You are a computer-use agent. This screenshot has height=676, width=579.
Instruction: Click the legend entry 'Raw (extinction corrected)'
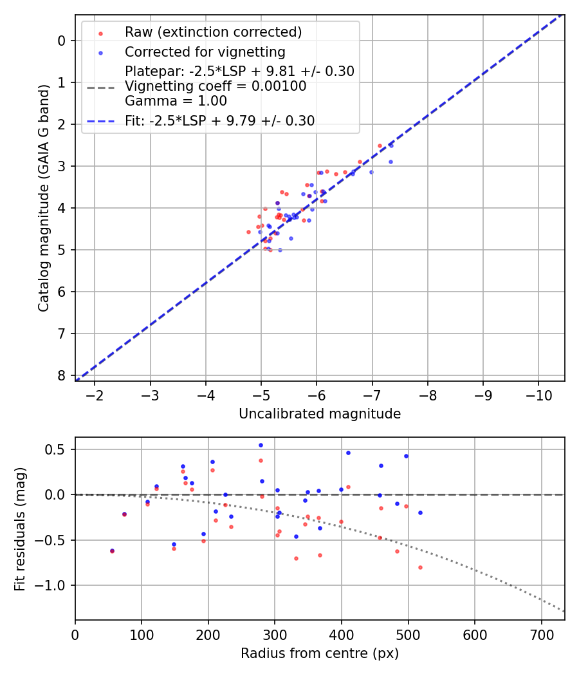pyautogui.click(x=213, y=32)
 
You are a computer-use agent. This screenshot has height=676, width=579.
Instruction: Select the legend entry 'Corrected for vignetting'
pyautogui.click(x=205, y=52)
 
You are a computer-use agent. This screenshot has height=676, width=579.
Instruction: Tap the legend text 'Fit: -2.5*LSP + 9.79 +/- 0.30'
pyautogui.click(x=220, y=120)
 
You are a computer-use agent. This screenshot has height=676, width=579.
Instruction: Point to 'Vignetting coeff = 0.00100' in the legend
pyautogui.click(x=216, y=86)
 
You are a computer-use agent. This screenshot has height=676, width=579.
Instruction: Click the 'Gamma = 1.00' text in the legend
pyautogui.click(x=176, y=101)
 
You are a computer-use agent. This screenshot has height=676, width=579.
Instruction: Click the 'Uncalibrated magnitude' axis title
pyautogui.click(x=320, y=414)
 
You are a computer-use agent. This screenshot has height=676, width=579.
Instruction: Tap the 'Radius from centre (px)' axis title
pyautogui.click(x=320, y=653)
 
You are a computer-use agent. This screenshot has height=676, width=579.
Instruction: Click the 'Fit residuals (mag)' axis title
pyautogui.click(x=21, y=529)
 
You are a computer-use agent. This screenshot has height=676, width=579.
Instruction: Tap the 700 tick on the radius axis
pyautogui.click(x=541, y=634)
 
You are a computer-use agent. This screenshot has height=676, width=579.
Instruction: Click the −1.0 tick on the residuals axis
pyautogui.click(x=54, y=585)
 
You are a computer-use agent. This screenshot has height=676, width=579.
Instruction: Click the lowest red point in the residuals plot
pyautogui.click(x=420, y=567)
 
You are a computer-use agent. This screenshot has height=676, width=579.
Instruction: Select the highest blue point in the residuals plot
pyautogui.click(x=261, y=445)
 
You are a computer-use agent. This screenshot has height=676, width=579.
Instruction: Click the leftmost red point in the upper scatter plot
pyautogui.click(x=248, y=232)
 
